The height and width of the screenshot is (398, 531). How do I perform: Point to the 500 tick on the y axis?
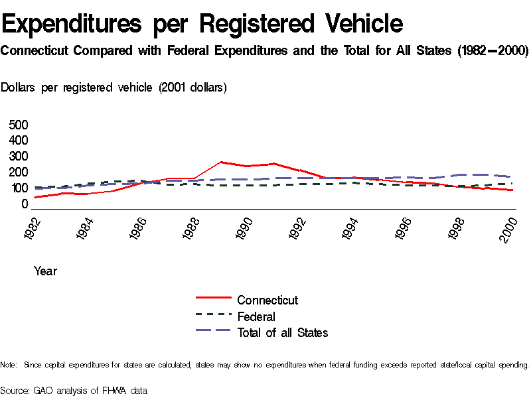tap(19, 125)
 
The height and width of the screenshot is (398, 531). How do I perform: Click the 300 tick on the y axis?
tap(19, 157)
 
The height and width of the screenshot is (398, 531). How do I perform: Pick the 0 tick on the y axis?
tap(25, 204)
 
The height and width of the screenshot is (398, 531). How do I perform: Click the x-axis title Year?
tap(45, 271)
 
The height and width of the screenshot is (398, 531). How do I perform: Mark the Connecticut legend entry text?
tap(267, 300)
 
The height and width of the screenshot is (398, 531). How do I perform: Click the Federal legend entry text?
tap(256, 316)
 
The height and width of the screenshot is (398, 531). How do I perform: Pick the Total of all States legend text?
tap(283, 333)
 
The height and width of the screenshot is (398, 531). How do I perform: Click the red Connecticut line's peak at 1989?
tap(220, 162)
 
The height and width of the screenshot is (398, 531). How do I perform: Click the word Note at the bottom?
tap(8, 365)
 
